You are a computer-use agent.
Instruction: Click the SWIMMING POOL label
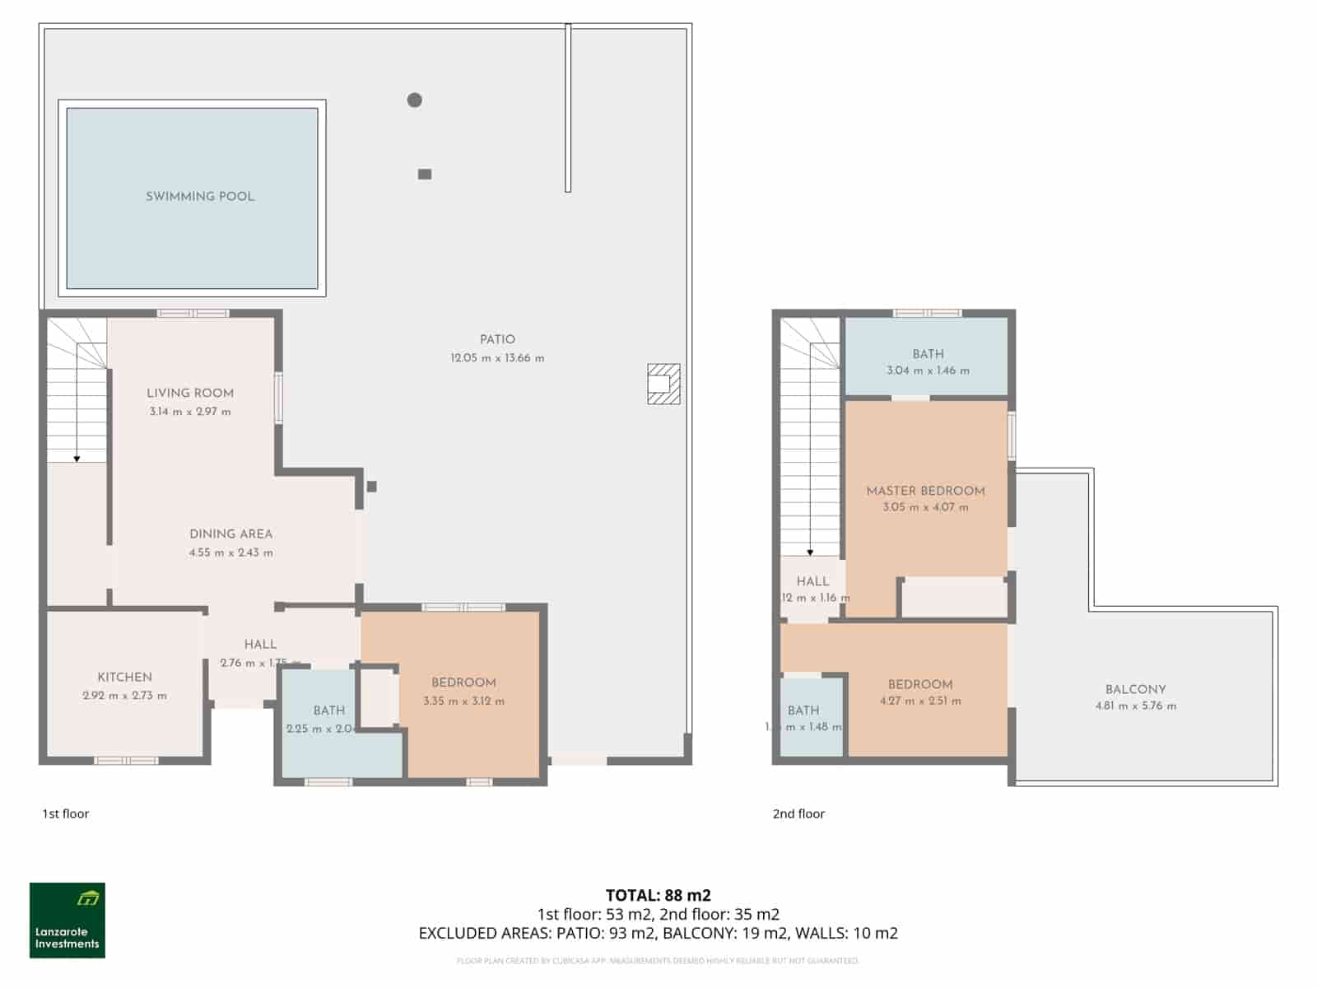tap(200, 197)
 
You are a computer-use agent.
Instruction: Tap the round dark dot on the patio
tap(415, 100)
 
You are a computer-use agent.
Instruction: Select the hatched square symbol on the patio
tap(663, 384)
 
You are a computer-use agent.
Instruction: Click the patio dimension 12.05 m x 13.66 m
tap(497, 358)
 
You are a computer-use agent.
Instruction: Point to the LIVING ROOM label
tap(190, 394)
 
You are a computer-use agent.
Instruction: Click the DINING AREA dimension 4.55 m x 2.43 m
tap(230, 553)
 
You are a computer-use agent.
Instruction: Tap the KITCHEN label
tap(125, 677)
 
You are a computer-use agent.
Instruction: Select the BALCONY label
tap(1135, 689)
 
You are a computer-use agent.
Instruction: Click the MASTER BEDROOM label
tap(925, 491)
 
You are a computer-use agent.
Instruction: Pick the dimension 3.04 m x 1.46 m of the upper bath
tap(928, 371)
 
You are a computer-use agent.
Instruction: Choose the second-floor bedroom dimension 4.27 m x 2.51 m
tap(920, 701)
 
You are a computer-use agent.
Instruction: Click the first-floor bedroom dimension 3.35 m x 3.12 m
tap(463, 701)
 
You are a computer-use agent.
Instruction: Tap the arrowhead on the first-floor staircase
tap(77, 459)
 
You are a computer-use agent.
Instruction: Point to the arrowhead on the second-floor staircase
tap(810, 552)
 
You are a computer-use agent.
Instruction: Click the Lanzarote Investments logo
tap(67, 920)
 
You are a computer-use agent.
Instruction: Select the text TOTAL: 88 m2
tap(658, 895)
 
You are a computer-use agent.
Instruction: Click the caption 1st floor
tap(66, 813)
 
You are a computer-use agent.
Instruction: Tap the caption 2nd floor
tap(798, 813)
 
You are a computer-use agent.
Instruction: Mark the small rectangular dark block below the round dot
tap(425, 174)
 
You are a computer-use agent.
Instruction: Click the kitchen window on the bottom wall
tap(126, 761)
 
